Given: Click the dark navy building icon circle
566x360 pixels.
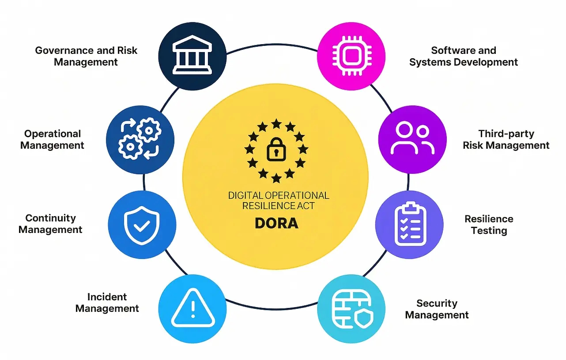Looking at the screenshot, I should (x=192, y=56).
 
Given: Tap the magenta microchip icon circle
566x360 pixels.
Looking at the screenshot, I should (x=351, y=56).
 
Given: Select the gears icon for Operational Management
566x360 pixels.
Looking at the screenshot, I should (x=140, y=140).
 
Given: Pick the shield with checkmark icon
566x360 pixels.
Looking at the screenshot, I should (x=142, y=225).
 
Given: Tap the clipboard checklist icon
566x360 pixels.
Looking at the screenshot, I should (x=410, y=224).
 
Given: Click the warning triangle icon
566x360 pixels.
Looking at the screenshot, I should (x=192, y=309).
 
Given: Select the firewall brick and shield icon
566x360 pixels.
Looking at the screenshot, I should (x=351, y=308).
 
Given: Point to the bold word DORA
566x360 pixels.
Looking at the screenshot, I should (x=276, y=223).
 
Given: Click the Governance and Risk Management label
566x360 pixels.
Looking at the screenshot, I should (x=86, y=56).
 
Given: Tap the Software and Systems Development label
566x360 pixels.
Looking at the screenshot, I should (x=464, y=56).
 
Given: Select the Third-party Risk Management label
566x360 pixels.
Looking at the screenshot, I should (x=506, y=139).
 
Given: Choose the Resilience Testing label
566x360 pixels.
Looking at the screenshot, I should (x=489, y=225).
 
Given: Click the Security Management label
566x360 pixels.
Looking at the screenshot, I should (x=437, y=309).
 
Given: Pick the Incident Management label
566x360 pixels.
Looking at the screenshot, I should (x=107, y=303).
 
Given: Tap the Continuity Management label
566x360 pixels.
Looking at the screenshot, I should (x=50, y=224).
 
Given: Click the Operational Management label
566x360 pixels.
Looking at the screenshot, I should (x=52, y=139).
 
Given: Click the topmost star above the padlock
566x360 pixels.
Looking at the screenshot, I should (x=276, y=123).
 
